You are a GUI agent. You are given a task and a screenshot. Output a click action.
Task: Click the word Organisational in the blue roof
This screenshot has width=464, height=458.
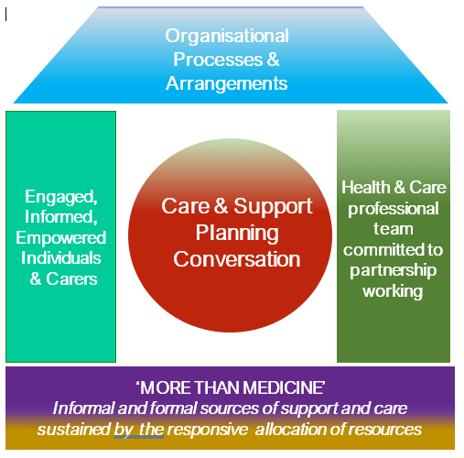click(x=227, y=37)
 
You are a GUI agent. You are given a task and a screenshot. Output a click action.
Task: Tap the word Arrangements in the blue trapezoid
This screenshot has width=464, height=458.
click(x=227, y=82)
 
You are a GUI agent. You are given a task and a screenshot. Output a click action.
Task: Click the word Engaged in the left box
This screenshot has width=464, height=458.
click(x=59, y=196)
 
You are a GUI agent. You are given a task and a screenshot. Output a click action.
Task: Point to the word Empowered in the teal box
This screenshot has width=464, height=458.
click(x=61, y=238)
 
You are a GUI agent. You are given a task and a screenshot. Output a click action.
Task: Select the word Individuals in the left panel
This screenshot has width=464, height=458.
click(x=61, y=258)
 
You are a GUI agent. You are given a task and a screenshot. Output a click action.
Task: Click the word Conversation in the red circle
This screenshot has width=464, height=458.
click(x=237, y=258)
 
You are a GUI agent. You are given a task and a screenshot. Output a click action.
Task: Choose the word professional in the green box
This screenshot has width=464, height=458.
click(x=394, y=208)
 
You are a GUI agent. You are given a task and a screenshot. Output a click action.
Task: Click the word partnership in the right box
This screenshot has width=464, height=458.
click(x=394, y=271)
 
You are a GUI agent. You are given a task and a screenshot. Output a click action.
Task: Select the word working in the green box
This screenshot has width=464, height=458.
click(x=394, y=291)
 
